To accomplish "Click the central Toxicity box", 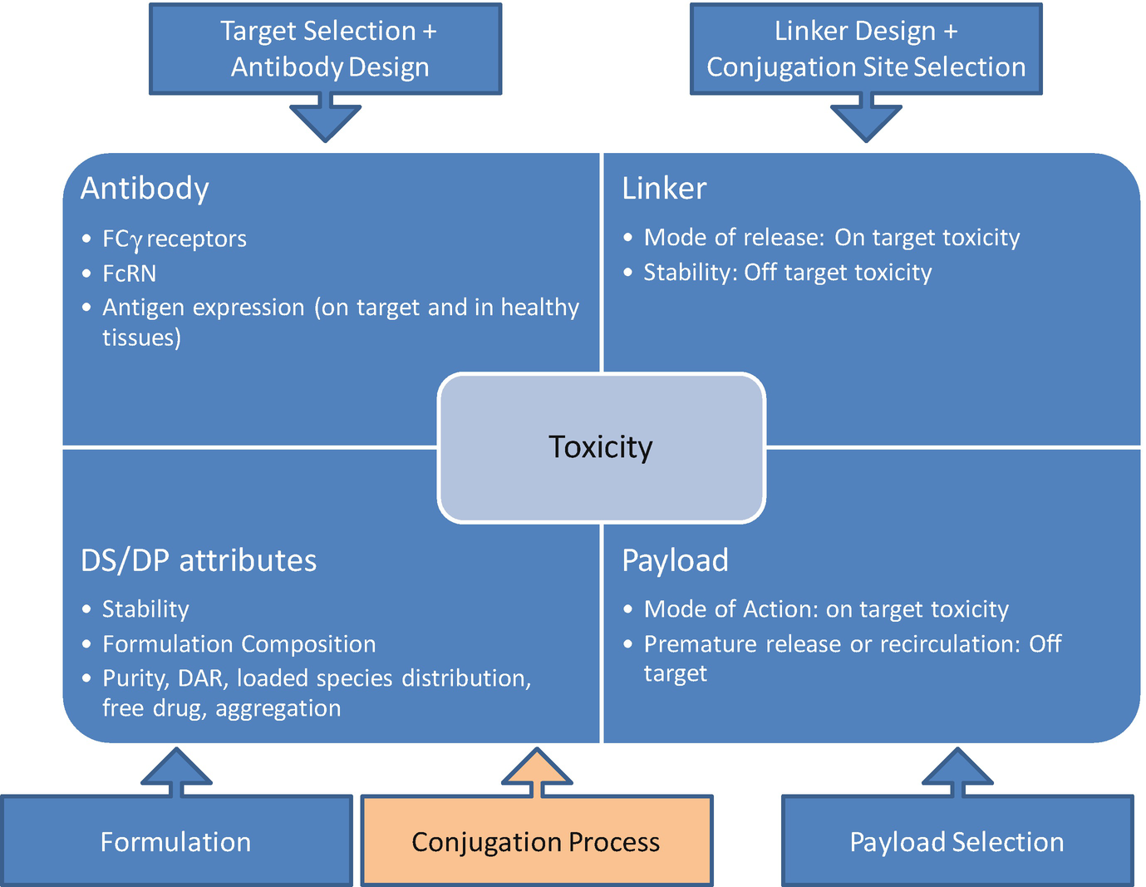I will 601,447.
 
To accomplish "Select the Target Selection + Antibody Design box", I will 325,49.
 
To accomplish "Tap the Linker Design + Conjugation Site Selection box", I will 866,49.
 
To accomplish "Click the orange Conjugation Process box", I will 537,841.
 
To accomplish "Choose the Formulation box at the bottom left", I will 176,841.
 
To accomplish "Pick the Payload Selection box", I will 957,841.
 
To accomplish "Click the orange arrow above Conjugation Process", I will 537,771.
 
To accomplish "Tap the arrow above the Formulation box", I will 176,771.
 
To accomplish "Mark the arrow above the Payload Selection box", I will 957,771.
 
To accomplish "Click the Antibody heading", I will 145,189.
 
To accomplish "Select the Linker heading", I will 664,189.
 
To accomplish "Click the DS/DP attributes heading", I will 199,560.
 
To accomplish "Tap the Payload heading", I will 675,560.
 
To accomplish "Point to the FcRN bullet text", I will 129,273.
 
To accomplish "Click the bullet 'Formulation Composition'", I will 239,644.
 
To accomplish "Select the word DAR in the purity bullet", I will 201,678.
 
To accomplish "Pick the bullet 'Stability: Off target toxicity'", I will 787,273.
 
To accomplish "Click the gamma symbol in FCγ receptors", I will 136,241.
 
